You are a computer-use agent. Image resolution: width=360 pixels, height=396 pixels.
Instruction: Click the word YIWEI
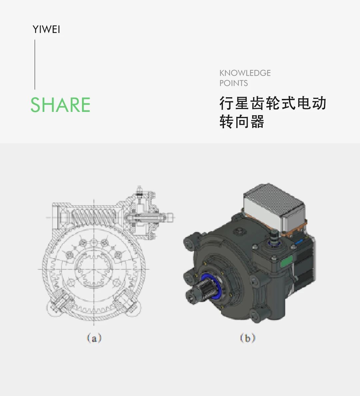pyautogui.click(x=46, y=30)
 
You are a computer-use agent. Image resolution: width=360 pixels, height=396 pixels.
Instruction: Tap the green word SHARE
pyautogui.click(x=60, y=105)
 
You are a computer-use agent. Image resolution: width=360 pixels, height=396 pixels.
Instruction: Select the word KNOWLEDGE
pyautogui.click(x=245, y=73)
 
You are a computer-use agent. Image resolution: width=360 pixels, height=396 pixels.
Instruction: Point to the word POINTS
pyautogui.click(x=234, y=83)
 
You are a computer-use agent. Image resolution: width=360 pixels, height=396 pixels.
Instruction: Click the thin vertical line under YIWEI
pyautogui.click(x=35, y=65)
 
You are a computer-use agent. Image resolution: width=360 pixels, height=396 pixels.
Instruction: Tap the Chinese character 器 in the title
pyautogui.click(x=257, y=122)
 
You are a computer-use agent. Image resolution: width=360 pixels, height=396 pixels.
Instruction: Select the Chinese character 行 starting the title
pyautogui.click(x=226, y=104)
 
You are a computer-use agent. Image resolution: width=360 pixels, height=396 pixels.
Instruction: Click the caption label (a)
pyautogui.click(x=94, y=338)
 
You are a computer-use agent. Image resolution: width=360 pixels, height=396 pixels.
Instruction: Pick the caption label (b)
pyautogui.click(x=247, y=338)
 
